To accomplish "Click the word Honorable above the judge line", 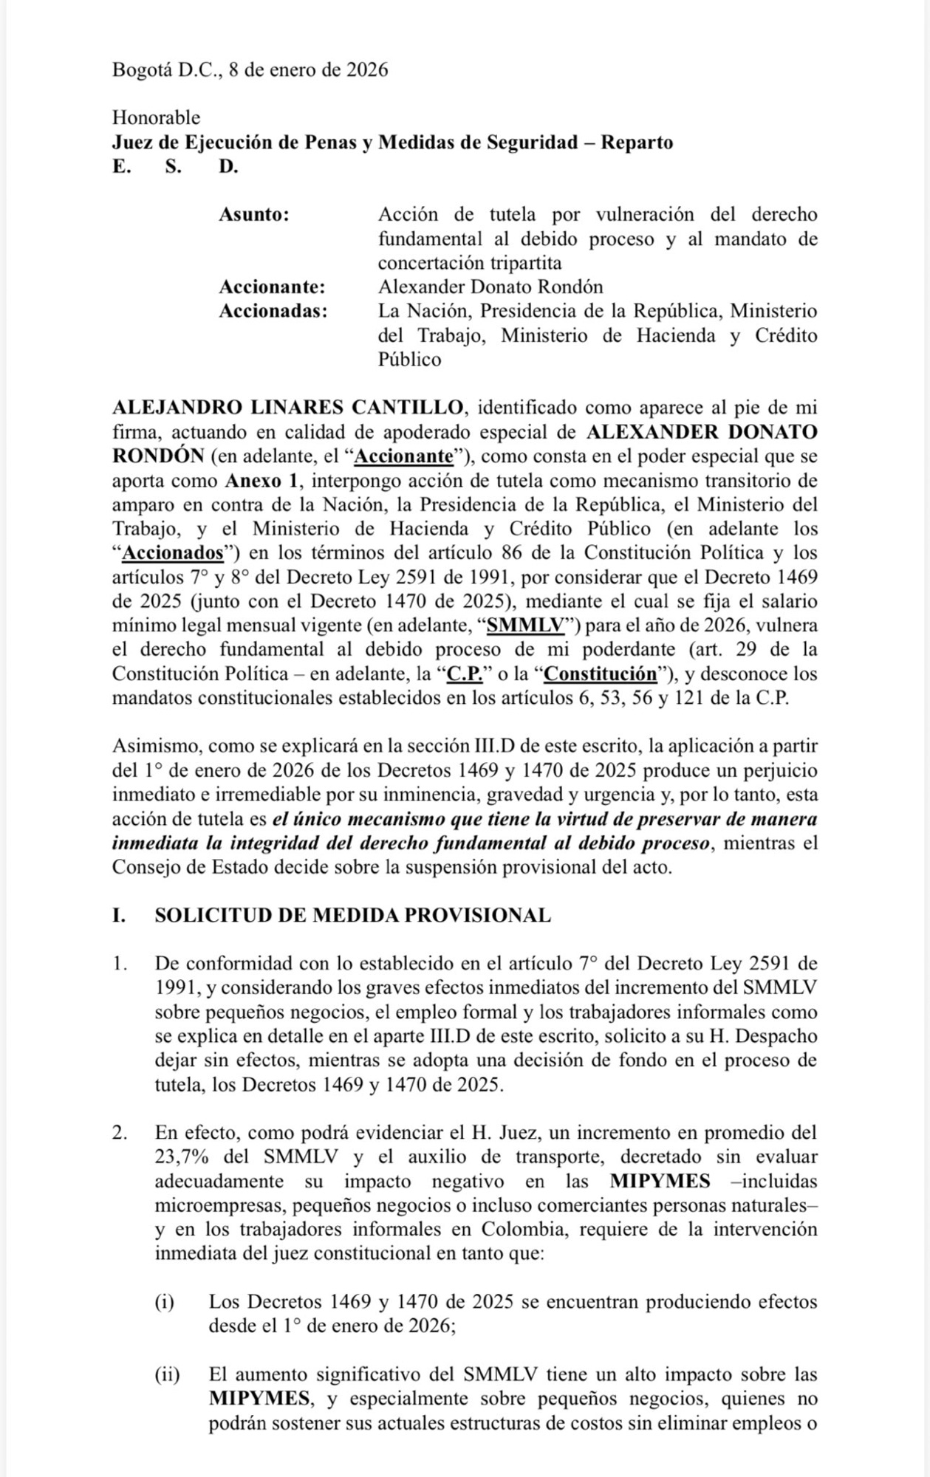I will [x=156, y=117].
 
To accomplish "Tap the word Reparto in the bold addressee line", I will [x=636, y=142].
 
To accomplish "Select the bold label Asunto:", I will [x=253, y=215].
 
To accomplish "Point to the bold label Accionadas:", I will [x=273, y=311].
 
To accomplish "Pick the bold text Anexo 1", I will [x=264, y=480].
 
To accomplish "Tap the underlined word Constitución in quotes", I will [x=601, y=674].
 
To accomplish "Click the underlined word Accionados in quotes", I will [x=173, y=552].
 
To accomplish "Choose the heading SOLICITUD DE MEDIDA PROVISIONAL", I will [x=352, y=916].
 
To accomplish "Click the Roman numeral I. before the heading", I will [x=118, y=916].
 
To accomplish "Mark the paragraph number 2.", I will [x=120, y=1133].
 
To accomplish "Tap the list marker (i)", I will [x=164, y=1301].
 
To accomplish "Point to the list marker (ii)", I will [x=167, y=1374].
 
